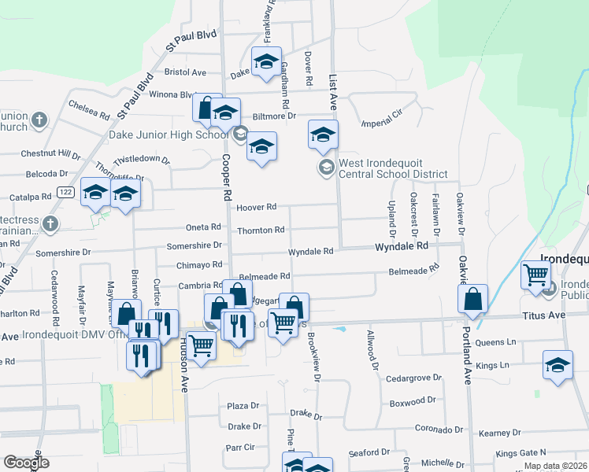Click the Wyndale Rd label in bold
tap(401, 246)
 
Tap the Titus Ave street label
tap(543, 315)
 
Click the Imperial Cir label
tap(381, 123)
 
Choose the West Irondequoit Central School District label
tap(392, 168)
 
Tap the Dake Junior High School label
tap(169, 135)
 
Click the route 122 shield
tap(65, 192)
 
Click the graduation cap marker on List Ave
tap(323, 136)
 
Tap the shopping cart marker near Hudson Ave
tap(202, 345)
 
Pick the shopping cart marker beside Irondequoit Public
tap(535, 277)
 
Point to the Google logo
tap(26, 463)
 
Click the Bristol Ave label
tap(184, 72)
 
